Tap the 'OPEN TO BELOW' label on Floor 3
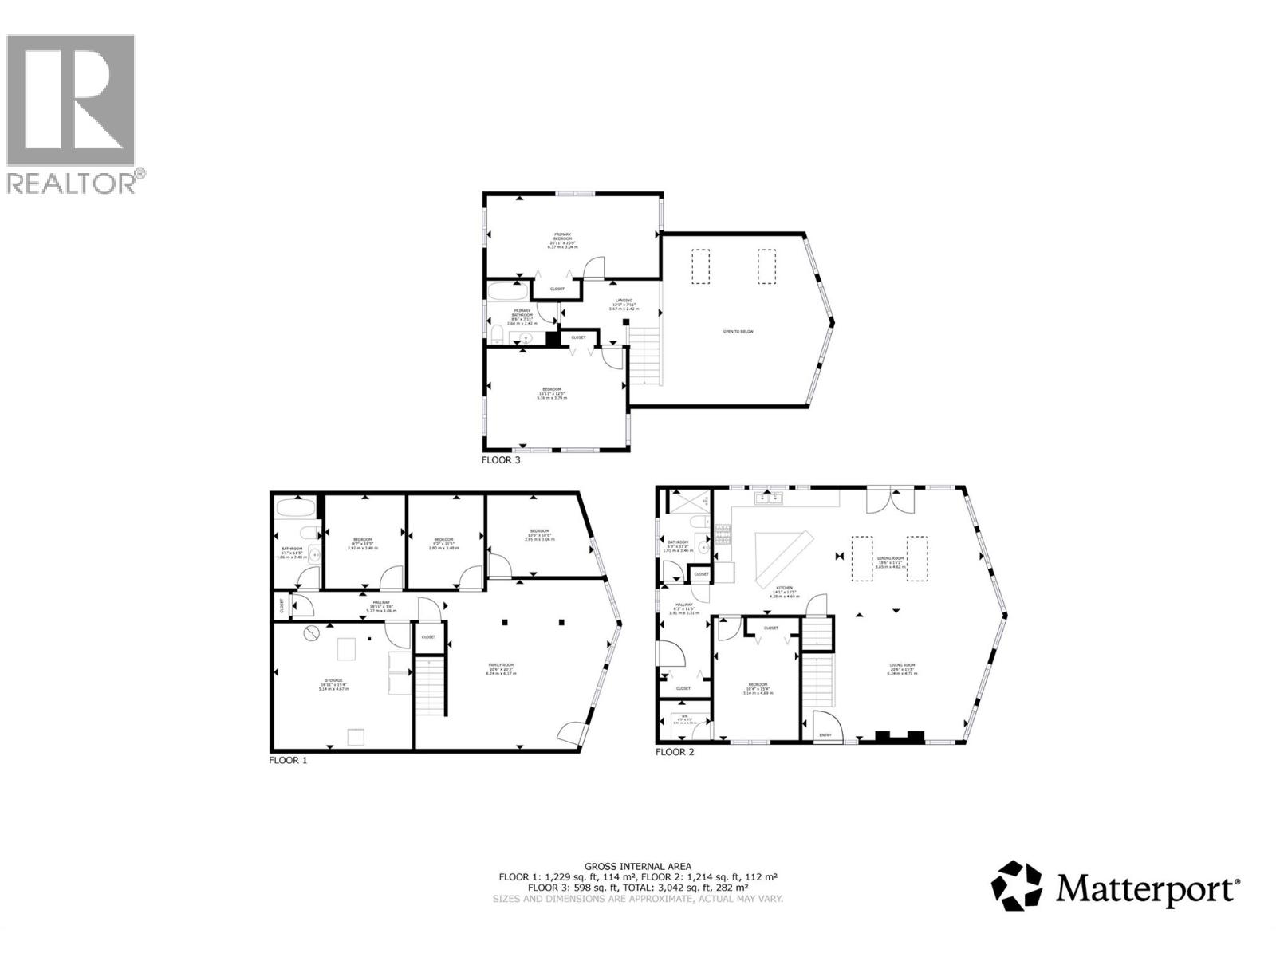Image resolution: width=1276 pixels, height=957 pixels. (x=738, y=332)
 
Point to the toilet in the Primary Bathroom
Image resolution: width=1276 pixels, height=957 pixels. (x=495, y=333)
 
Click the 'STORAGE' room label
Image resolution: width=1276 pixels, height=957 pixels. (x=333, y=681)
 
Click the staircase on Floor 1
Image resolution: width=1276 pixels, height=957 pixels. (x=429, y=686)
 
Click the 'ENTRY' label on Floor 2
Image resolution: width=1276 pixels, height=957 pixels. (x=825, y=734)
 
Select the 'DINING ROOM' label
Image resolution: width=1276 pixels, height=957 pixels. (x=892, y=559)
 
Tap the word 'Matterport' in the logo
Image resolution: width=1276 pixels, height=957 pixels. (x=1148, y=888)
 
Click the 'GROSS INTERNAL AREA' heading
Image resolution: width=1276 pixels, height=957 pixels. (x=637, y=866)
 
